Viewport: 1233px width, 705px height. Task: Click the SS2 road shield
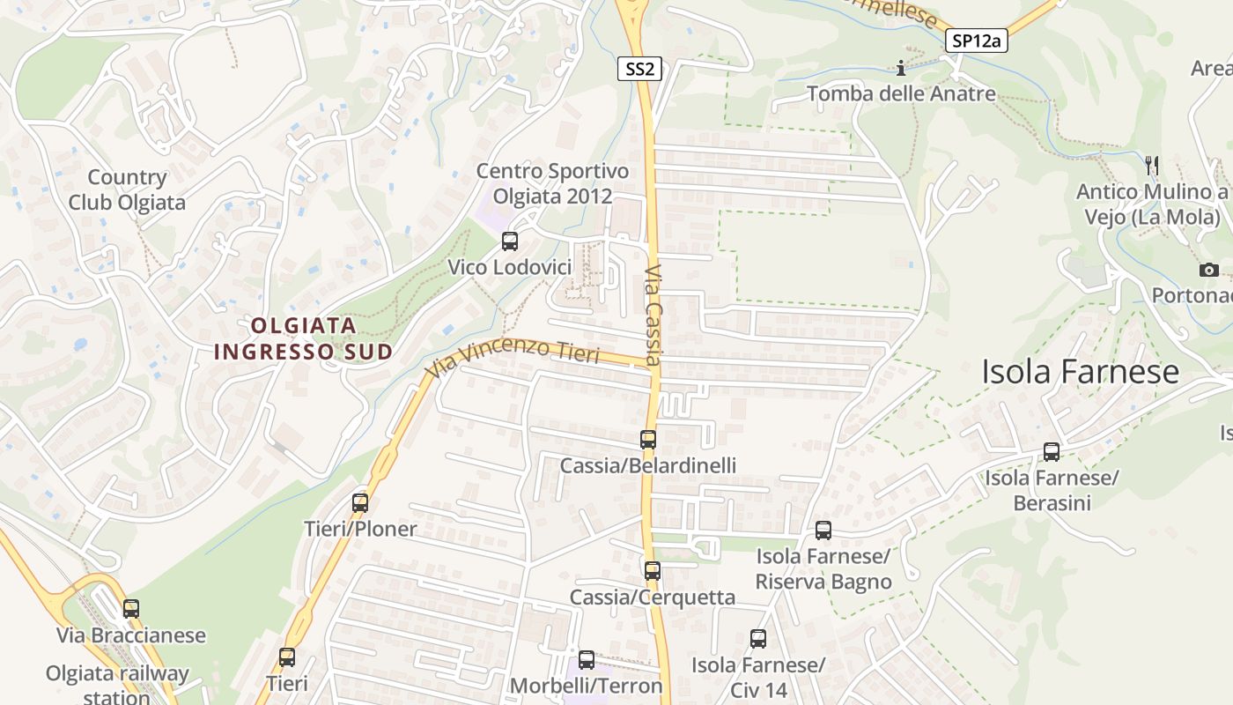pos(639,69)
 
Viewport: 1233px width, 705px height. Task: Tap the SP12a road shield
pos(977,41)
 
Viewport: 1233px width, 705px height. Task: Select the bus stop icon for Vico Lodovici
pos(509,241)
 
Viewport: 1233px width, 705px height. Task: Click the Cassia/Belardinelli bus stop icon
pos(648,439)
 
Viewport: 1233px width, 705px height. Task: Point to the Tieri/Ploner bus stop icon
pos(360,503)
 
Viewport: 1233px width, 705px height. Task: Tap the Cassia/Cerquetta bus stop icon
pos(652,570)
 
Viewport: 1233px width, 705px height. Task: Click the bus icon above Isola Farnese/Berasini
pos(1052,451)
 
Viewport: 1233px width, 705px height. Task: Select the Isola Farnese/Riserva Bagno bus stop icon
pos(823,530)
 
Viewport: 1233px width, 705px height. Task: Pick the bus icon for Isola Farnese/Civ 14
pos(758,638)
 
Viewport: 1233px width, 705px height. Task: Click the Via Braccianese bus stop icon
pos(131,608)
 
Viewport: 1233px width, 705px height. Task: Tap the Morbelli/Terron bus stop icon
pos(587,659)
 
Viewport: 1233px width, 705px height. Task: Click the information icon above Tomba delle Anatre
pos(900,68)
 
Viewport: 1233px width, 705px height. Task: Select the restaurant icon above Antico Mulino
pos(1150,164)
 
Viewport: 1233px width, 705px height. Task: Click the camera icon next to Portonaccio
pos(1209,270)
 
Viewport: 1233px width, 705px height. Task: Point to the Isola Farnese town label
pos(1080,372)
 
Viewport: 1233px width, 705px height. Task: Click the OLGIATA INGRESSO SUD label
pos(304,338)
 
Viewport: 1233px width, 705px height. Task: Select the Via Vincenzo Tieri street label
pos(513,359)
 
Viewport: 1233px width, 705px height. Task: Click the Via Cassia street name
pos(653,315)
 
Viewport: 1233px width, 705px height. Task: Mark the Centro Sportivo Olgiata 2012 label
pos(552,183)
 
